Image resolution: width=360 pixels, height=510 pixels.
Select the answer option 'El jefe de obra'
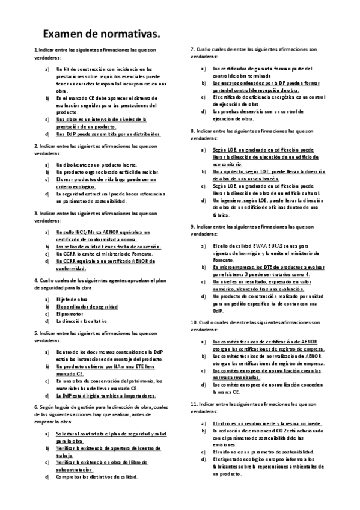(73, 299)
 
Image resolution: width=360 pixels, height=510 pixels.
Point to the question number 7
(192, 49)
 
